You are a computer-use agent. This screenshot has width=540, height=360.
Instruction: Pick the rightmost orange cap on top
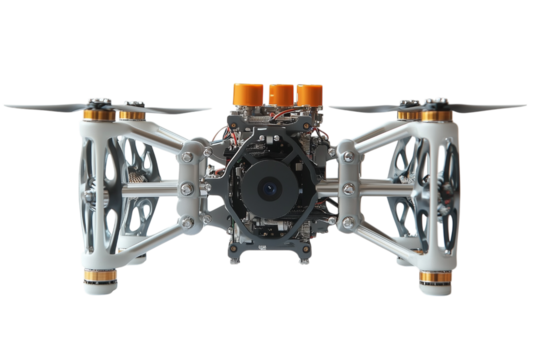pos(310,93)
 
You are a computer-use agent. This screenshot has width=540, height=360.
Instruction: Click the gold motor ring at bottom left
pos(103,276)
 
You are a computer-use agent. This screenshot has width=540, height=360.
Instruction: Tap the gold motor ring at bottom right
pos(433,276)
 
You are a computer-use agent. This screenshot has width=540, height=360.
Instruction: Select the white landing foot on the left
pos(103,291)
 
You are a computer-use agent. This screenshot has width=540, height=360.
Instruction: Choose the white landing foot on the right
pos(433,291)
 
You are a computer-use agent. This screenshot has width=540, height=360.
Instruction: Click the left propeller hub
pos(100,101)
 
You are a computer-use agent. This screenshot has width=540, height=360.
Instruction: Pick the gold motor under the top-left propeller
pos(128,116)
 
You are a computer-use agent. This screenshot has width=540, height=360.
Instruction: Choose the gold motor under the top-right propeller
pos(432,116)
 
